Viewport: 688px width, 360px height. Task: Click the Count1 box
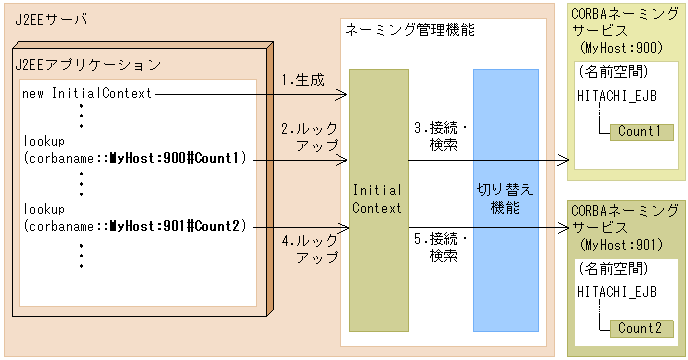(x=640, y=132)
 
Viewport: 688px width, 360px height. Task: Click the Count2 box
(x=640, y=328)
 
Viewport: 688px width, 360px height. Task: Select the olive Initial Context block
(x=378, y=200)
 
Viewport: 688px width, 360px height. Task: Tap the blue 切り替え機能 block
(x=506, y=200)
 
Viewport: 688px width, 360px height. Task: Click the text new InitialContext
(x=86, y=94)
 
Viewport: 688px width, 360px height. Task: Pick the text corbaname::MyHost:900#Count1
(x=134, y=158)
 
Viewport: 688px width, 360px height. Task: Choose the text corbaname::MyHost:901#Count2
(x=134, y=226)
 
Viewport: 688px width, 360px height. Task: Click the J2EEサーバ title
(x=51, y=17)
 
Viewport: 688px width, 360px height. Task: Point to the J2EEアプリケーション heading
(x=89, y=65)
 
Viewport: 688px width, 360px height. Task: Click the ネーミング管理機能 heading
(x=410, y=30)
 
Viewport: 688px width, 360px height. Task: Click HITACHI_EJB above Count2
(x=617, y=291)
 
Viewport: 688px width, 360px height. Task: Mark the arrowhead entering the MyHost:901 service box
(x=562, y=228)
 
